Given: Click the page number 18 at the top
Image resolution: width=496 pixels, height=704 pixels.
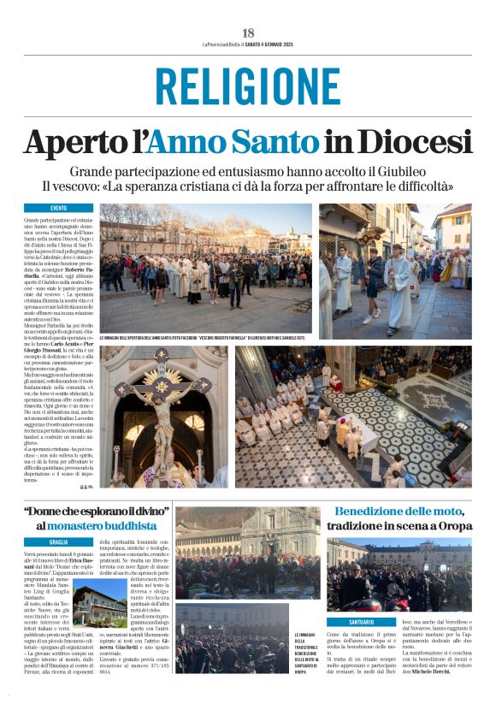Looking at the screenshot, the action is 248,32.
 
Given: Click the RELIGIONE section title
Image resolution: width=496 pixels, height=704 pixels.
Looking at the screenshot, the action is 248,86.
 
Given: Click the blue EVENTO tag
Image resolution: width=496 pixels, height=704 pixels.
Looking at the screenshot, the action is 59,208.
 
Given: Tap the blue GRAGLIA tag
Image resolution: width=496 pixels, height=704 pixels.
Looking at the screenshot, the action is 59,541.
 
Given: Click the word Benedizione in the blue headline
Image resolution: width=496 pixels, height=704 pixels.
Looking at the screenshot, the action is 375,511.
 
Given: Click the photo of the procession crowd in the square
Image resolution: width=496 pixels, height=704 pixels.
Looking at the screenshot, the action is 205,268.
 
